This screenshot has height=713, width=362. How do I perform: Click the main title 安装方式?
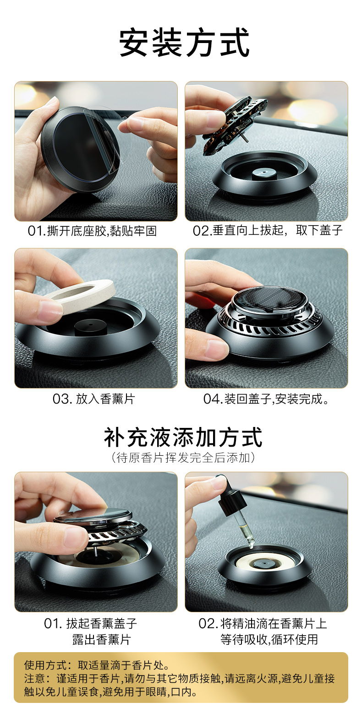(x=184, y=43)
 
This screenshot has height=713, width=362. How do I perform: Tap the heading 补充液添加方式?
(x=183, y=438)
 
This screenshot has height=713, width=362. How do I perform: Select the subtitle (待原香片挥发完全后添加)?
(x=183, y=458)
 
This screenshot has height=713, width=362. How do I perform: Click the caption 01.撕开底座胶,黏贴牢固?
(x=92, y=231)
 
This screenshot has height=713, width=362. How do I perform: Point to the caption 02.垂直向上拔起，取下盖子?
(x=267, y=230)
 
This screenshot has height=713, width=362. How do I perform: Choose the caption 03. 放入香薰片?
(x=93, y=399)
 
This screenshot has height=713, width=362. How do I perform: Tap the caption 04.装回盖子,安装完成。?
(x=266, y=399)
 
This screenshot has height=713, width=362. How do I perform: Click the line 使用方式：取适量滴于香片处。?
(x=97, y=665)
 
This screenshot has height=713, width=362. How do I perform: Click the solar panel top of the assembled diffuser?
(x=267, y=298)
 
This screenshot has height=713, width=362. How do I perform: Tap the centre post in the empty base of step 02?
(x=263, y=174)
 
